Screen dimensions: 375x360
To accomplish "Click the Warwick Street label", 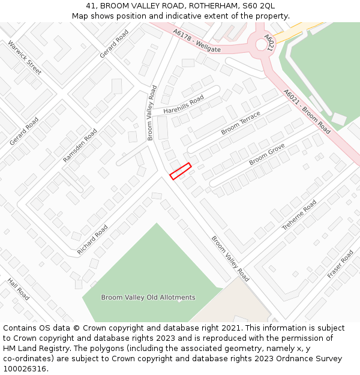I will [x=25, y=58].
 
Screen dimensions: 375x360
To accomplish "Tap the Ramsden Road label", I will [x=80, y=145].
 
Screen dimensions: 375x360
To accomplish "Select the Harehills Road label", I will [x=184, y=104].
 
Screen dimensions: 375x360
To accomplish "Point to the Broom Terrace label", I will [x=241, y=122].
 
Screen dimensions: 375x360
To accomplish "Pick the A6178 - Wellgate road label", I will [x=197, y=41].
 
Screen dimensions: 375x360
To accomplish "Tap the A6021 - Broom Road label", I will [x=307, y=112].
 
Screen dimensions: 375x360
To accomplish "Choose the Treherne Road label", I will [x=299, y=215].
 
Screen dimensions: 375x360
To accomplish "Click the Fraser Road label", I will [x=341, y=264].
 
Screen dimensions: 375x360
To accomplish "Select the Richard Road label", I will [x=92, y=240].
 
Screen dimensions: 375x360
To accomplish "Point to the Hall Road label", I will [x=19, y=289].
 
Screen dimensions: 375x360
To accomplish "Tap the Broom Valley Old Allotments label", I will [x=148, y=298].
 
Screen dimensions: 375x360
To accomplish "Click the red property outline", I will [x=180, y=171].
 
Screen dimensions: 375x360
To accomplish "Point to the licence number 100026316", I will [x=26, y=369].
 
